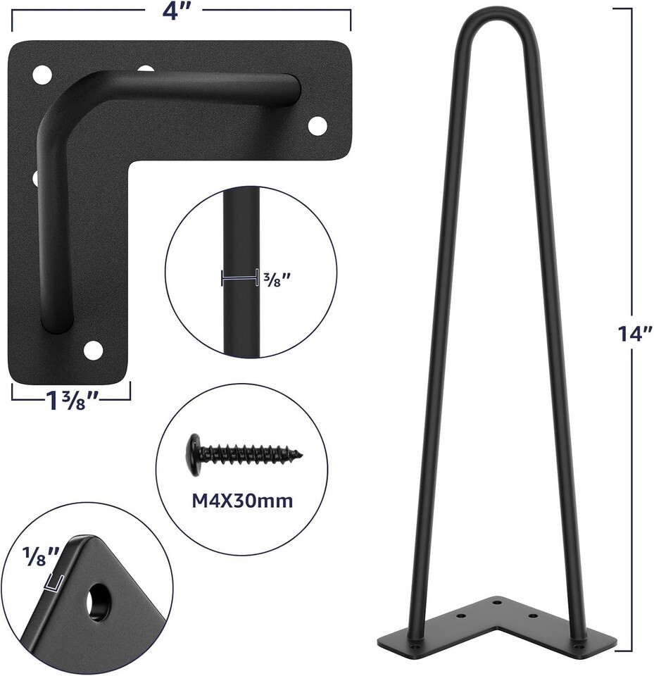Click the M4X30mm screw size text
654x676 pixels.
[242, 501]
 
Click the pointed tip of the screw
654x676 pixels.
[301, 454]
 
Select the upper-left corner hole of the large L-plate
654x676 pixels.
[42, 75]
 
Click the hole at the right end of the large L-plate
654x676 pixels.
[317, 125]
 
